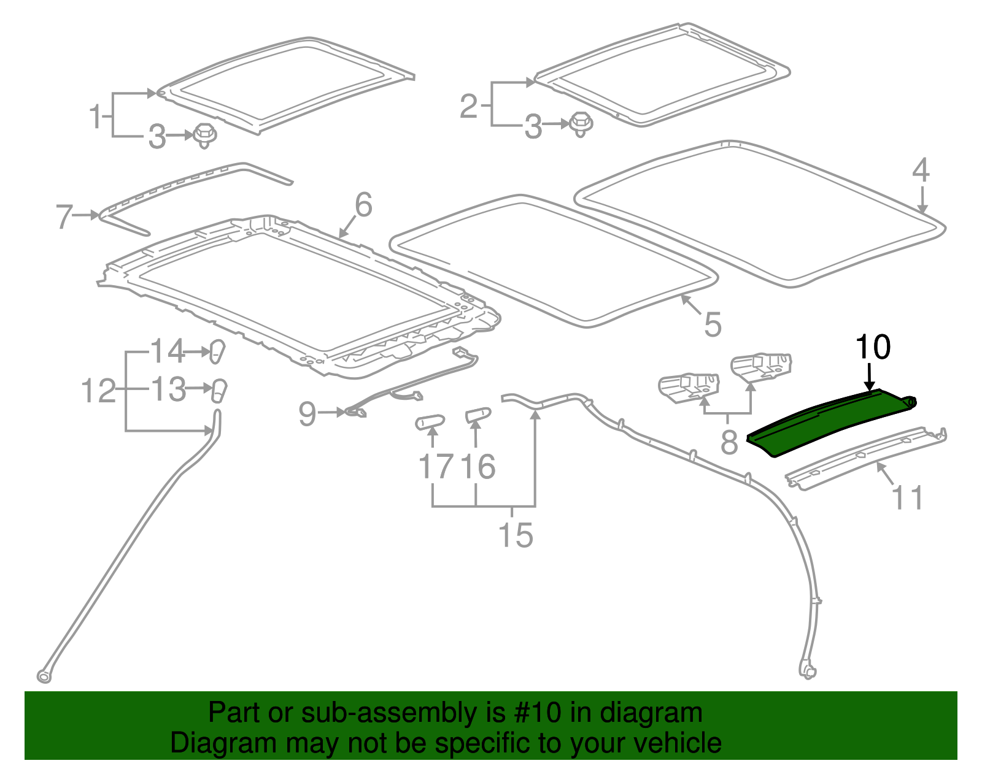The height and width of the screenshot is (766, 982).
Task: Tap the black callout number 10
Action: click(872, 348)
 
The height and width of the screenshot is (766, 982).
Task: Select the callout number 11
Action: click(907, 498)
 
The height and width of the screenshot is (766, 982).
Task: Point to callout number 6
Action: click(363, 205)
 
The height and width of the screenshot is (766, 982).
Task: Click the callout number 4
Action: click(921, 170)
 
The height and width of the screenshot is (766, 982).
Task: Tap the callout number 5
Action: click(712, 324)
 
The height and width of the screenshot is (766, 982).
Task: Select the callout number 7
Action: click(64, 217)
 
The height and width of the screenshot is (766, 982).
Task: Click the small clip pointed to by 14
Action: click(217, 351)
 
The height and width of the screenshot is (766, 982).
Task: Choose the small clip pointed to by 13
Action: click(218, 390)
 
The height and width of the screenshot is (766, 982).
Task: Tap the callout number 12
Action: click(98, 391)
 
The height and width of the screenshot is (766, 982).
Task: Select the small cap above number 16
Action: click(478, 415)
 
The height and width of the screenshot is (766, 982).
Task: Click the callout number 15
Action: click(516, 535)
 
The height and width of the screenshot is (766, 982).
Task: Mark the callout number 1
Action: click(95, 117)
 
